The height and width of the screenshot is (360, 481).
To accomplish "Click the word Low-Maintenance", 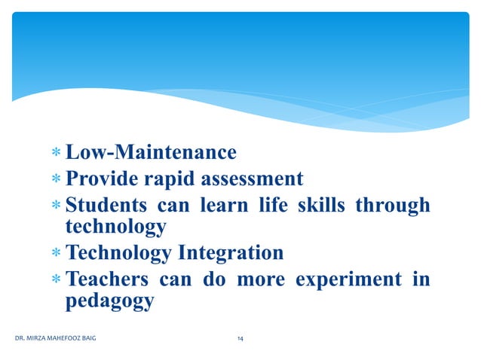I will [151, 154].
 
